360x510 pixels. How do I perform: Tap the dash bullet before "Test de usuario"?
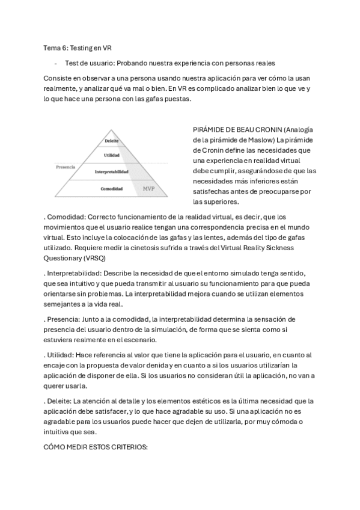click(55, 63)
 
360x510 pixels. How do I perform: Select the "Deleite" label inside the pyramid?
click(111, 141)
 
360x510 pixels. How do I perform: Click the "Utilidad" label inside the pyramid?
click(111, 155)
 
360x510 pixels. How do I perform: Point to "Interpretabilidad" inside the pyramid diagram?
click(111, 172)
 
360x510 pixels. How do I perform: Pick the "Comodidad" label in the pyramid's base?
click(111, 189)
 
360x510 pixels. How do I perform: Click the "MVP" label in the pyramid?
click(148, 189)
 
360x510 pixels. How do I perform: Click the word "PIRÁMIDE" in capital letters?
click(210, 130)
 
